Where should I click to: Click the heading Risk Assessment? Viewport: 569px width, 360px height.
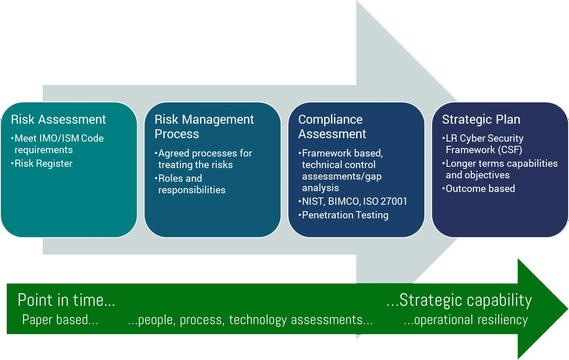tap(58, 119)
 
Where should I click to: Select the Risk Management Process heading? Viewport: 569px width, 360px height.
tap(204, 127)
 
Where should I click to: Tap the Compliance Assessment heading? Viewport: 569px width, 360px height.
tap(332, 127)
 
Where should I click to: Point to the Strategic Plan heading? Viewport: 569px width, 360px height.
tap(481, 119)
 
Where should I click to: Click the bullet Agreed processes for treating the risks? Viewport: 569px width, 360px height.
tap(203, 159)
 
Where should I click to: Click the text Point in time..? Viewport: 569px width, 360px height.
tap(66, 300)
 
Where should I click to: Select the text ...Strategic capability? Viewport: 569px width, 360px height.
tap(459, 301)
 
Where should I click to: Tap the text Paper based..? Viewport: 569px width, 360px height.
tap(60, 319)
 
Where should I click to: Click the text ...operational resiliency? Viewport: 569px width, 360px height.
tap(466, 320)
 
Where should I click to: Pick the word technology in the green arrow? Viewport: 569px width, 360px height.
tap(258, 320)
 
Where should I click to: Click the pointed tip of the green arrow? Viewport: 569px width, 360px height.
tap(567, 309)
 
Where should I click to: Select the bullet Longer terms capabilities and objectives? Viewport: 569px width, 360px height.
tap(500, 169)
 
